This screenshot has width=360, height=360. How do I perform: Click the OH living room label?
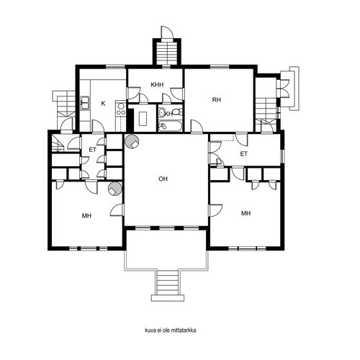coord(163,179)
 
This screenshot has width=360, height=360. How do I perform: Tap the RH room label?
coord(217,99)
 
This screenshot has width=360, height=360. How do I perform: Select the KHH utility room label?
coord(157,85)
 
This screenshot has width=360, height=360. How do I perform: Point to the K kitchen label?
coord(103,104)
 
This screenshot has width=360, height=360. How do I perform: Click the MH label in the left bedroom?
coord(86,216)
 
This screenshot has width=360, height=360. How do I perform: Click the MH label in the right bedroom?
coord(246,213)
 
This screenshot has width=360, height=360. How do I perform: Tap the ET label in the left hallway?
coord(93,150)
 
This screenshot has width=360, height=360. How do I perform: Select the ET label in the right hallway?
coord(243,154)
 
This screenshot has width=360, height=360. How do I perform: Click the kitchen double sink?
coord(84,103)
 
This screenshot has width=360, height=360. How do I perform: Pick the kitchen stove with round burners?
coord(121,109)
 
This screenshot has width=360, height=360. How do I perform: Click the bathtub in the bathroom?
coord(170,125)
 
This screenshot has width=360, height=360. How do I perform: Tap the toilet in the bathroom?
coord(178,112)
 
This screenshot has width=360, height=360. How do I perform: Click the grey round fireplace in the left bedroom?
coord(115,189)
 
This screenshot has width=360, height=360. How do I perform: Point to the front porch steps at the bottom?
coord(168,282)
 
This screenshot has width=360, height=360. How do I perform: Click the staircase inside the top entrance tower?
coord(167,53)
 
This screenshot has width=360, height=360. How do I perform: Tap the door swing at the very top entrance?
coord(167,32)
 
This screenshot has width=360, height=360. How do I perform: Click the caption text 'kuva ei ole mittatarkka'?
coord(171,330)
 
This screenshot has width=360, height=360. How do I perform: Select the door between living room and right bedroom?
coord(215,210)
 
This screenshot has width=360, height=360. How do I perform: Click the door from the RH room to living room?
coord(197,126)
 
